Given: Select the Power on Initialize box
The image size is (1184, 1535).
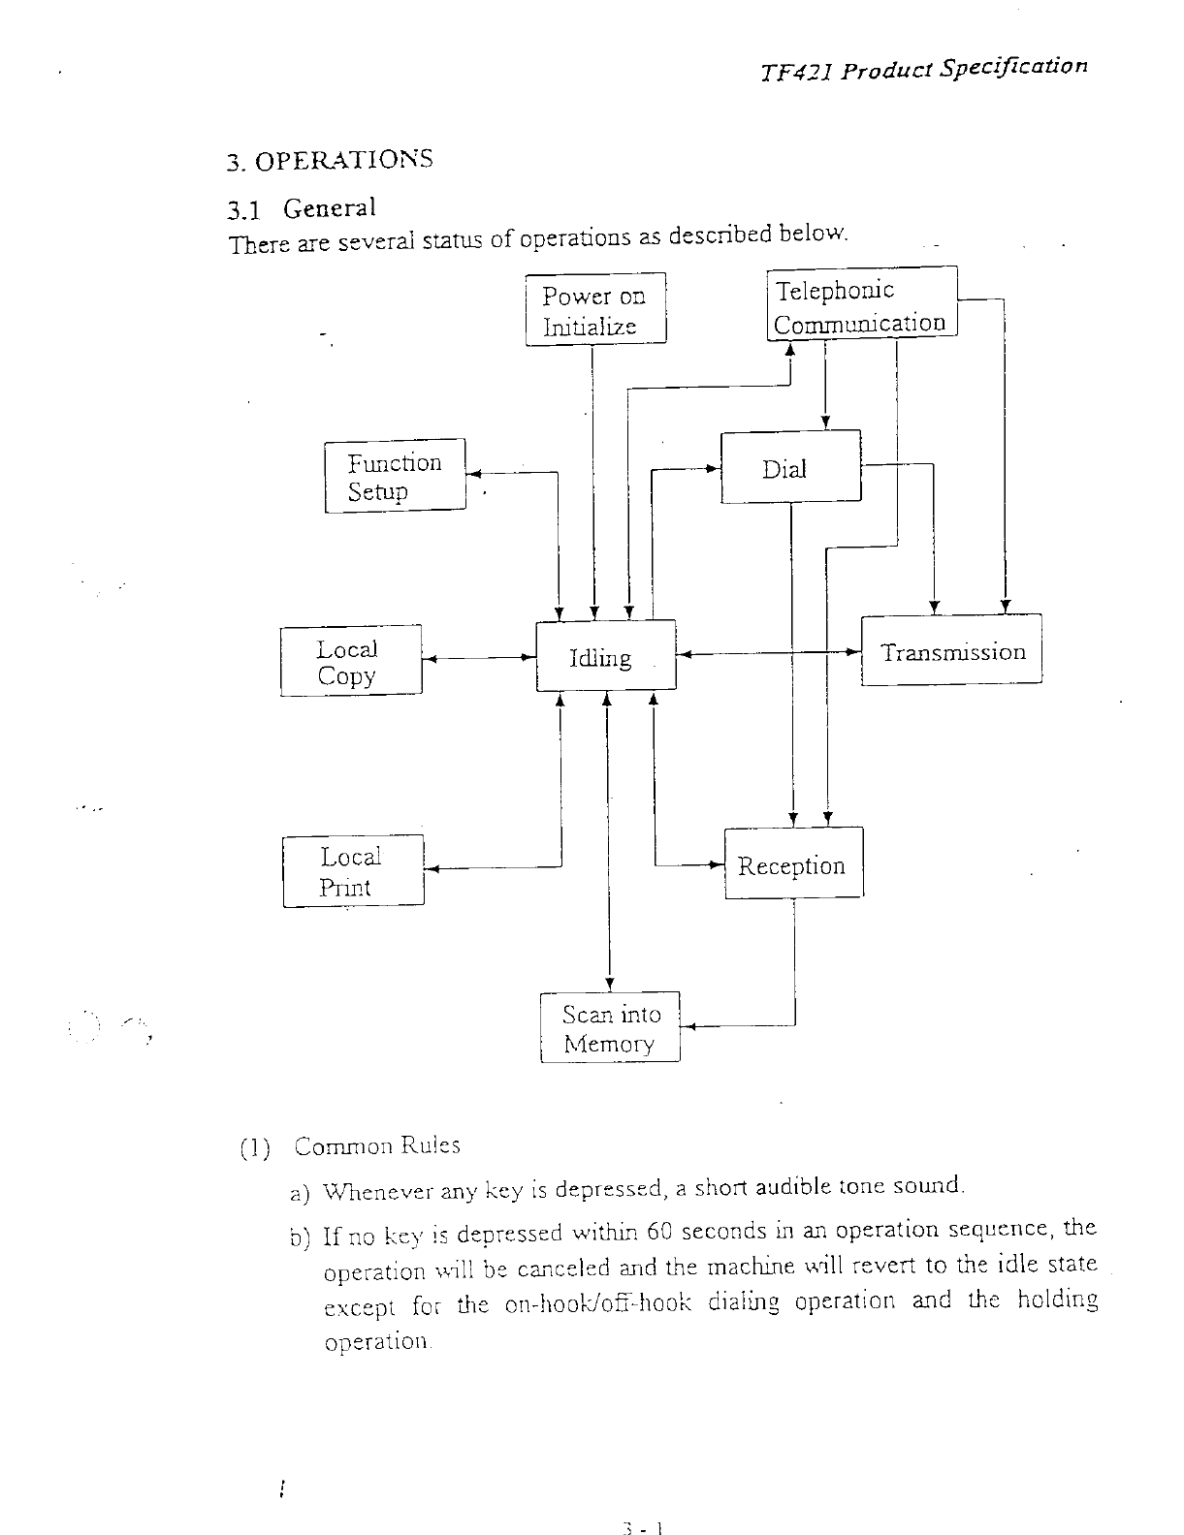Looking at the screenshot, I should click(595, 309).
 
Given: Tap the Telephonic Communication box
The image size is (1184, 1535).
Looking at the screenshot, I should click(861, 303).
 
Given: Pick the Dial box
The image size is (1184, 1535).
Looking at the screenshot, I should click(790, 467).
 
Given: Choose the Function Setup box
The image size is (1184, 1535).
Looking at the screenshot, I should click(395, 476).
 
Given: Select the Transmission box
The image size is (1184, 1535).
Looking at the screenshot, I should click(951, 650).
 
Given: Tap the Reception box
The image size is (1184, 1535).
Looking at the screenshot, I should click(793, 863).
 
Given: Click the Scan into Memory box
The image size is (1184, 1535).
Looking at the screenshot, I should click(610, 1027).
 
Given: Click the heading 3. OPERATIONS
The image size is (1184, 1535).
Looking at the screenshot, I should click(330, 159).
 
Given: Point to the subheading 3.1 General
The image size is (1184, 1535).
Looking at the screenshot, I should click(301, 208).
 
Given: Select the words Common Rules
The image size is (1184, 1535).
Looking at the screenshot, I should click(377, 1145).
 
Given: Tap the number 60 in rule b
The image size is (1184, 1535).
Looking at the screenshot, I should click(659, 1231).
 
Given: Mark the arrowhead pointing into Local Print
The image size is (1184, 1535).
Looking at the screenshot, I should click(432, 869).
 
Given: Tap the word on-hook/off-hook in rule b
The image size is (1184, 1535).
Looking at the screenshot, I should click(598, 1304).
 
